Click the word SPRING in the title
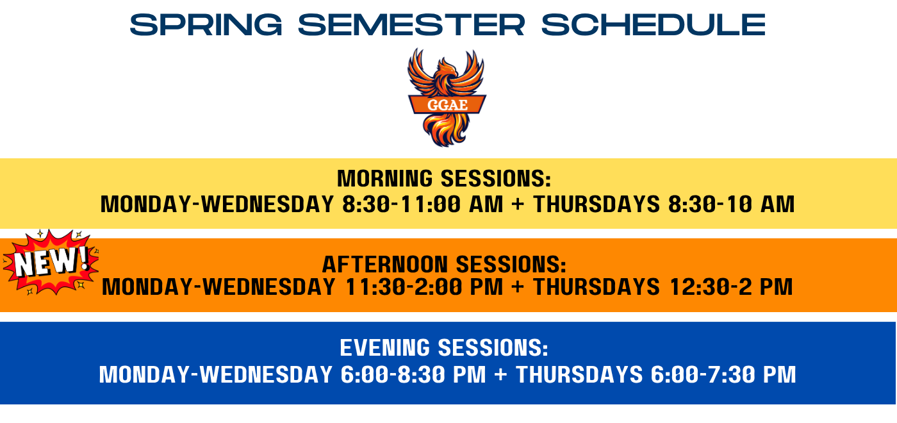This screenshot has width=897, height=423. pos(206,24)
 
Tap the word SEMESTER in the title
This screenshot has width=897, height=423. pos(411,24)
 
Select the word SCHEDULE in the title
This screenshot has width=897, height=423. pos(653,24)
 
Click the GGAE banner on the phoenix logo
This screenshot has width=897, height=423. pos(447,104)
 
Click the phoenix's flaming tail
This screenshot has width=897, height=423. pos(445,130)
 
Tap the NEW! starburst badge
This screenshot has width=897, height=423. pos(51,261)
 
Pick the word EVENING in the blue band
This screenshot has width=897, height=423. pos(385,347)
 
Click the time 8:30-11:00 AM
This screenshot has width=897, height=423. pos(422,204)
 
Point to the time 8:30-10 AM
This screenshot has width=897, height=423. pos(731,204)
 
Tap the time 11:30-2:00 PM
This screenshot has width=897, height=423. pos(424,287)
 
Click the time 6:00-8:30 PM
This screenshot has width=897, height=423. pos(413,374)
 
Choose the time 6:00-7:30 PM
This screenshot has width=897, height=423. pos(723,374)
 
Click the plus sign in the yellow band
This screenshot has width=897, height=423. pos(518,204)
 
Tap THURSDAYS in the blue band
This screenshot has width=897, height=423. pos(579,374)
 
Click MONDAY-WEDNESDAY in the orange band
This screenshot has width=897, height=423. pos(218,287)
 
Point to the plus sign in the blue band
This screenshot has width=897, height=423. pos(500,374)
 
